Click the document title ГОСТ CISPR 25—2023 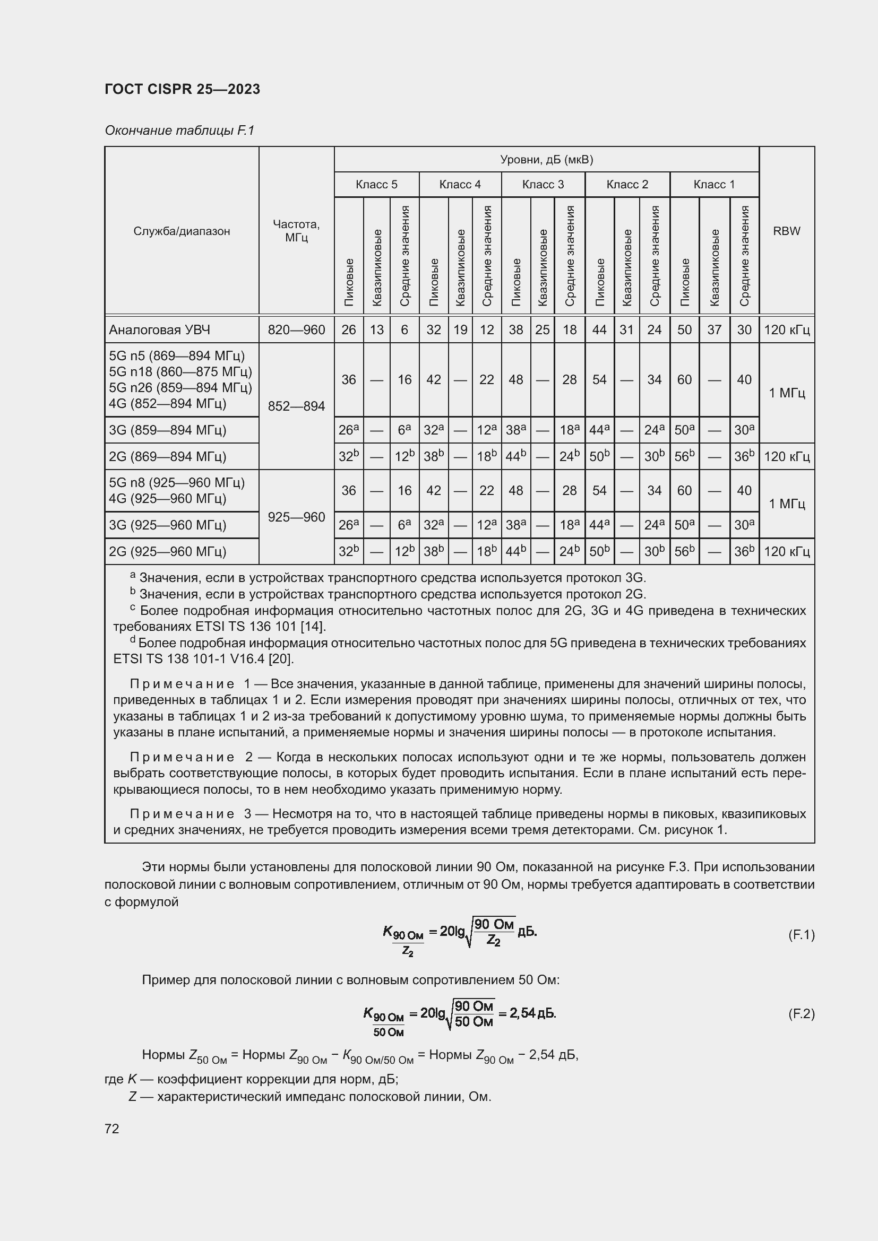(x=182, y=89)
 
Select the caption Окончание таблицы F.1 (x=179, y=131)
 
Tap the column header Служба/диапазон (x=182, y=231)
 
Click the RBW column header (x=786, y=231)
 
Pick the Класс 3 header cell (x=543, y=185)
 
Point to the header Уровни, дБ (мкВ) (x=546, y=160)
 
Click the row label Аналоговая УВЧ (x=159, y=329)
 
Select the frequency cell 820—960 (x=296, y=329)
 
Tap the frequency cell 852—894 (x=296, y=406)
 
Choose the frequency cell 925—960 (x=296, y=517)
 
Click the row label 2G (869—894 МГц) (x=168, y=457)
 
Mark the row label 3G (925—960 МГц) (x=168, y=525)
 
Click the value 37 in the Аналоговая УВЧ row (x=714, y=329)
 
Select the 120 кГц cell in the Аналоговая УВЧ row (x=786, y=329)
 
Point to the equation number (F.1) (x=800, y=934)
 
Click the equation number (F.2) (x=800, y=1013)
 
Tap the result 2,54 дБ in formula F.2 (x=532, y=1013)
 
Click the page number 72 (x=112, y=1129)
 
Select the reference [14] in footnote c (x=315, y=627)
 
